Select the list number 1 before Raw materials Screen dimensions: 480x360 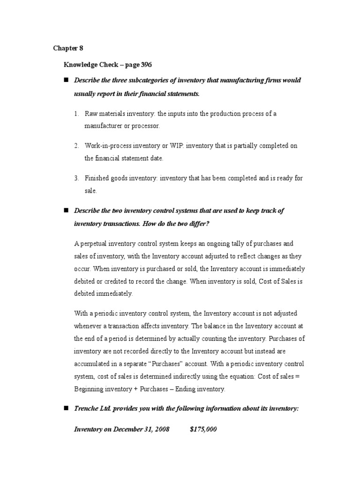click(76, 114)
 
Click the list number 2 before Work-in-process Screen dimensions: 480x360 click(76, 146)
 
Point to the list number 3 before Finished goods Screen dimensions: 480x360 click(76, 178)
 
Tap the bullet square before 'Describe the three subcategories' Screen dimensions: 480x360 click(66, 80)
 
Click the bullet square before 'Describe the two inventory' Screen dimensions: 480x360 click(66, 210)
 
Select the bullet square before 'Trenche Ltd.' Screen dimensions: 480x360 click(66, 408)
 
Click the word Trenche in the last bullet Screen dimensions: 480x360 click(87, 408)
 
